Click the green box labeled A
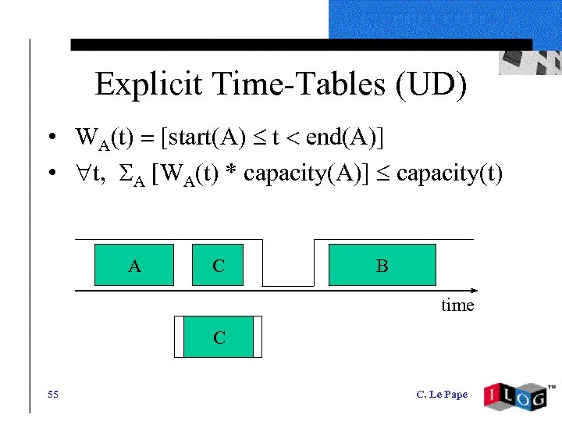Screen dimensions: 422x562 (x=134, y=265)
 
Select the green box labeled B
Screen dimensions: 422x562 (x=382, y=265)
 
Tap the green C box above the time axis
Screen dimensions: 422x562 (x=219, y=265)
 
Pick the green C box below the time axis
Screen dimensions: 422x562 (x=219, y=337)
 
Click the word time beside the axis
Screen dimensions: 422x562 (x=457, y=306)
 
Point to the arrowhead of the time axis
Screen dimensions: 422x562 (x=470, y=291)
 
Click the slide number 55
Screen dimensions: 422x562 (x=52, y=394)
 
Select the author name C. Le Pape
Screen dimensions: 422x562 (x=442, y=395)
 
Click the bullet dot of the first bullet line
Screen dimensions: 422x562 (x=50, y=139)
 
